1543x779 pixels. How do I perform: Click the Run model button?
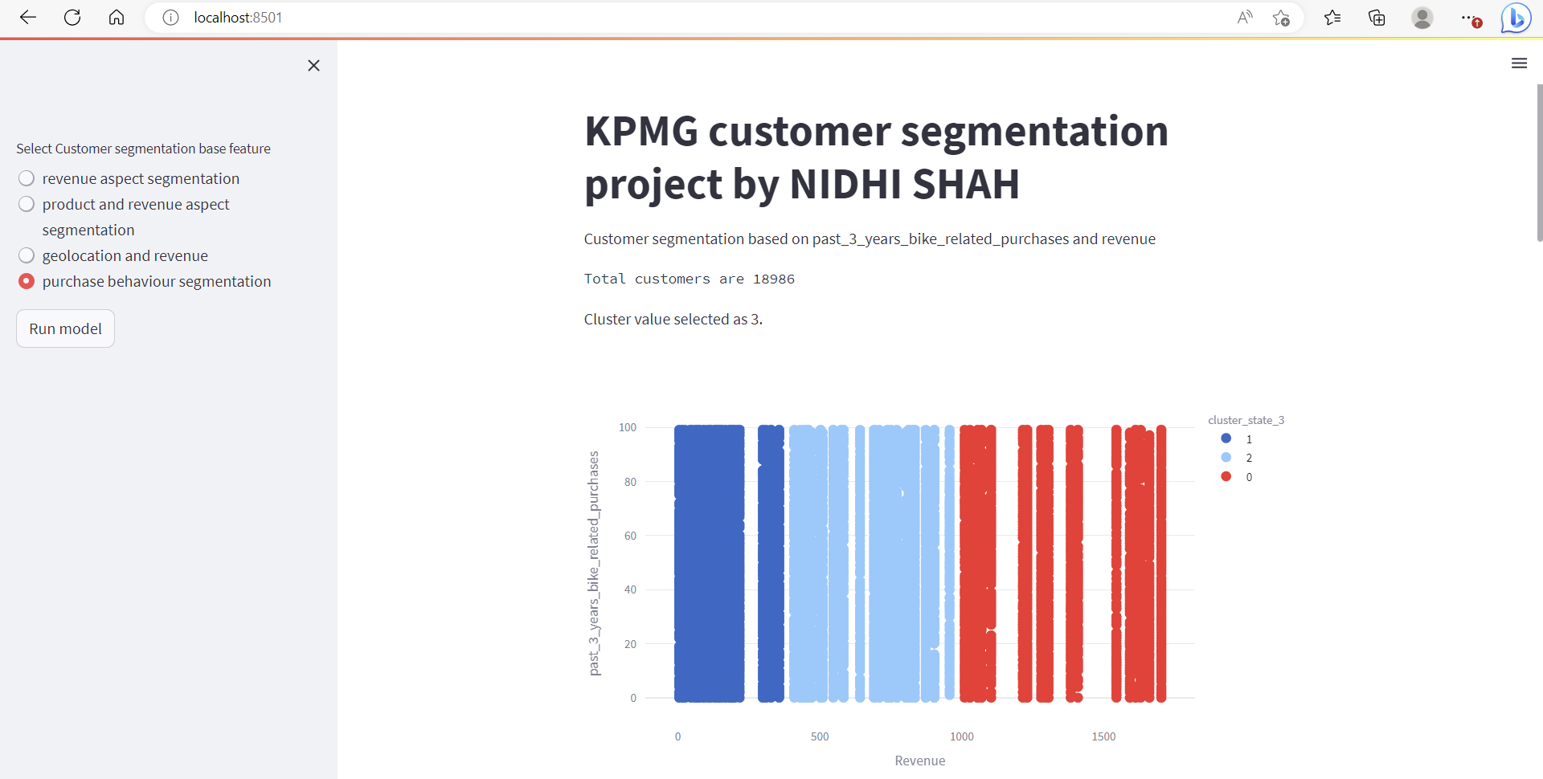(65, 328)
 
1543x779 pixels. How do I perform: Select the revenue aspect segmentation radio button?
(27, 178)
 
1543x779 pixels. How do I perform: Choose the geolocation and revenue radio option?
(27, 255)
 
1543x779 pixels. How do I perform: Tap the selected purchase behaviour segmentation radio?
(27, 281)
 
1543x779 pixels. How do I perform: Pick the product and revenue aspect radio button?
(27, 204)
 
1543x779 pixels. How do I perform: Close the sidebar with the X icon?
(313, 66)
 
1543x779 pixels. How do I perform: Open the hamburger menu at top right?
(1519, 63)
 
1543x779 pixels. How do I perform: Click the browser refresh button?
(72, 18)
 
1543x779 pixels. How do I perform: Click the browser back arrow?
(28, 18)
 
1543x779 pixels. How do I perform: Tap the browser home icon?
(117, 18)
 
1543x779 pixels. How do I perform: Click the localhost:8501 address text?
(238, 18)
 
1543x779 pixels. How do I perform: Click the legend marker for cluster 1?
(1226, 438)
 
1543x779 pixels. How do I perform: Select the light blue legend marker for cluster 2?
(1226, 458)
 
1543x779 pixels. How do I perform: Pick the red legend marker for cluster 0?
(1226, 477)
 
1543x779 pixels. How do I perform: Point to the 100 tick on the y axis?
(628, 427)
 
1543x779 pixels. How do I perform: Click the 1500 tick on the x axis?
(1103, 736)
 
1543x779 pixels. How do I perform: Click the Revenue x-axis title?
(919, 761)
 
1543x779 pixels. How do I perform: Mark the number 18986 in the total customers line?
(774, 279)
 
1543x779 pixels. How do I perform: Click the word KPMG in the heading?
(641, 132)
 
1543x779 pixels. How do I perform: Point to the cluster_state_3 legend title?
(1246, 420)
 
